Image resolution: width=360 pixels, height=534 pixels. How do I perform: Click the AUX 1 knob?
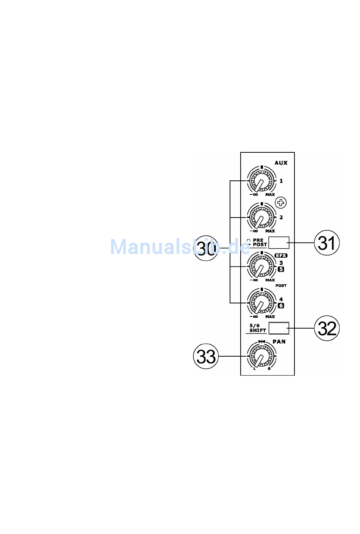click(261, 181)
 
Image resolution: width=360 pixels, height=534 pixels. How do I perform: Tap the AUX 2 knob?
click(261, 217)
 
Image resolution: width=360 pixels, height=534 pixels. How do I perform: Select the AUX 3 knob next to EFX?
click(261, 266)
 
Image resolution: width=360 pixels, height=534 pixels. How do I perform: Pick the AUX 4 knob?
click(261, 303)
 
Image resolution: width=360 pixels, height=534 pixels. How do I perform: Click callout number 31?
click(327, 243)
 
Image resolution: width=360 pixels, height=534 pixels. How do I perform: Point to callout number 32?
click(327, 328)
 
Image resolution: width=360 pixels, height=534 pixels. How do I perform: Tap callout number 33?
click(206, 356)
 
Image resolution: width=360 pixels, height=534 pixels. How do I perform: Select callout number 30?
click(206, 248)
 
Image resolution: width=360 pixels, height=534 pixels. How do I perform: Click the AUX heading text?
click(281, 163)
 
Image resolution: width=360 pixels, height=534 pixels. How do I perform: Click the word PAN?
click(279, 341)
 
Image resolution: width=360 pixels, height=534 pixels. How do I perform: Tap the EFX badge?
click(281, 255)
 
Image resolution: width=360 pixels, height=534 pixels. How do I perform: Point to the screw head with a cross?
click(281, 203)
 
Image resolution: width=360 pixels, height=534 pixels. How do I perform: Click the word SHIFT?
click(258, 330)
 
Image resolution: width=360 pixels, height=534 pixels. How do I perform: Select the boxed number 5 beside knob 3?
click(281, 269)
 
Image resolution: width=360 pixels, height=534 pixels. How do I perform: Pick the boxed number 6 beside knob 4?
click(281, 305)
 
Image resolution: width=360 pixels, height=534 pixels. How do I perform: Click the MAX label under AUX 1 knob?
click(270, 194)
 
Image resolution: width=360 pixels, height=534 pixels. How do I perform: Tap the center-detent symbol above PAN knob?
click(261, 341)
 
